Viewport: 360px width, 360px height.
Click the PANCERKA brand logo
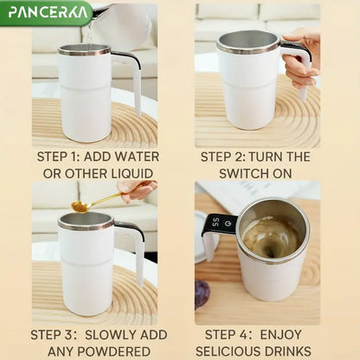[45, 12]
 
